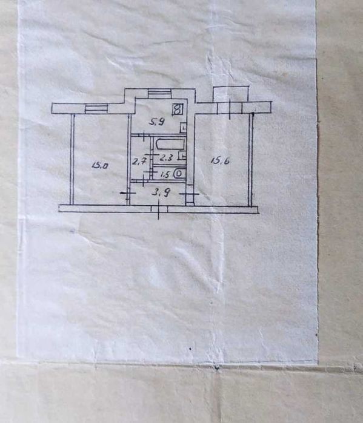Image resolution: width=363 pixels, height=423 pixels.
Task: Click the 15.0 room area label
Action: pyautogui.click(x=99, y=165)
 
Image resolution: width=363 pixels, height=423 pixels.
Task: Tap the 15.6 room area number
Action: pyautogui.click(x=220, y=161)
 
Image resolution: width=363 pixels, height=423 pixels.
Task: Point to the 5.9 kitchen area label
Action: pyautogui.click(x=157, y=122)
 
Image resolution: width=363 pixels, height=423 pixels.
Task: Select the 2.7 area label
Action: pyautogui.click(x=139, y=162)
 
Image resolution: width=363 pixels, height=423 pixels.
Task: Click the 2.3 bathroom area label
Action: pyautogui.click(x=166, y=157)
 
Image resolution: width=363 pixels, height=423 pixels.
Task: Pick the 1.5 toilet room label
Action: pyautogui.click(x=165, y=174)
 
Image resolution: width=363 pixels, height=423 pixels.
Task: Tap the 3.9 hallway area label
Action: pyautogui.click(x=161, y=192)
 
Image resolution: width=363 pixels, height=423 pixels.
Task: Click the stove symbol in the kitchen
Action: pyautogui.click(x=178, y=110)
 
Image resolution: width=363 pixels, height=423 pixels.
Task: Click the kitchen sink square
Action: pyautogui.click(x=184, y=127)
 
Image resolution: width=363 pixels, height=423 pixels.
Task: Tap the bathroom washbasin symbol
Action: pyautogui.click(x=183, y=156)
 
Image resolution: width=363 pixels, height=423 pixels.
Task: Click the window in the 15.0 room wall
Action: pyautogui.click(x=96, y=109)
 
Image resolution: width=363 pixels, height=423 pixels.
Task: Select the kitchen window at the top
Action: pyautogui.click(x=159, y=94)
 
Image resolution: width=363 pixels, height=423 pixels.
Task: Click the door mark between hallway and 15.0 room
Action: pyautogui.click(x=127, y=193)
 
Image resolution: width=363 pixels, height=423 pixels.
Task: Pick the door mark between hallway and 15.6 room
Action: pyautogui.click(x=189, y=194)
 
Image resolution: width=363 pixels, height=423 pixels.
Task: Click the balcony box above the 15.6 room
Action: pyautogui.click(x=231, y=94)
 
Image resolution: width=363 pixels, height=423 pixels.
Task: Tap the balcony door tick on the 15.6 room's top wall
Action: pyautogui.click(x=230, y=109)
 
